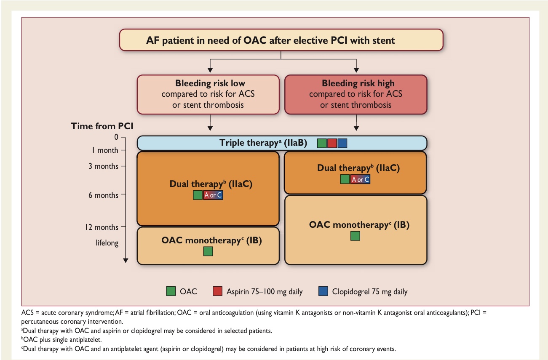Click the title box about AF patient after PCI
coord(281,40)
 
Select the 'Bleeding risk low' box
coord(208,94)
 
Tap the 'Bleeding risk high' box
coord(356,94)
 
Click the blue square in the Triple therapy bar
coord(342,143)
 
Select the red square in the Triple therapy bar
coord(332,143)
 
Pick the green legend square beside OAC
coord(171,291)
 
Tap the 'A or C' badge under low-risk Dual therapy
coord(213,195)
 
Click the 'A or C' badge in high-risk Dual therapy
coord(360,179)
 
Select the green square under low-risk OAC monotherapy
coord(208,251)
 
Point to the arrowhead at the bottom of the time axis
coord(126,261)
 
